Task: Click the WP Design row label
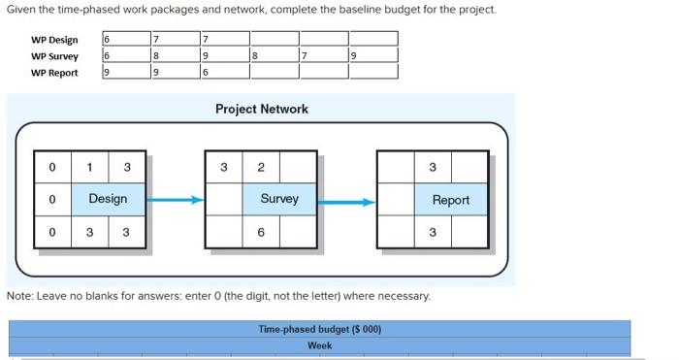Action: [x=54, y=40]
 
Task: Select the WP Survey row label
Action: [x=54, y=56]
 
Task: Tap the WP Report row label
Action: [x=54, y=73]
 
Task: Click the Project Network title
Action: [x=262, y=109]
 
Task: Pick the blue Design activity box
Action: [x=108, y=199]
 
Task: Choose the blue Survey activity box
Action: [x=278, y=199]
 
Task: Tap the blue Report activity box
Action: [x=450, y=200]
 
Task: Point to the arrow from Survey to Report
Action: [x=346, y=202]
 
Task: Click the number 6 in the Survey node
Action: [x=261, y=233]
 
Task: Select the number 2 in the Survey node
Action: [x=261, y=167]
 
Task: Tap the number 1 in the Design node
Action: [x=90, y=167]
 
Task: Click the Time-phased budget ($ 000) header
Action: [x=319, y=329]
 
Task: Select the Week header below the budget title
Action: [x=319, y=345]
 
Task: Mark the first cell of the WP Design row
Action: [x=124, y=40]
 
